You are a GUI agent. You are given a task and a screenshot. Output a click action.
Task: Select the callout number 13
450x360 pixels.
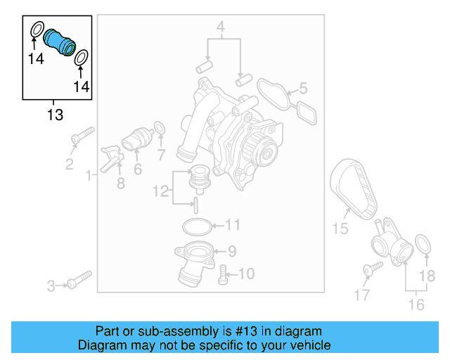coord(55,115)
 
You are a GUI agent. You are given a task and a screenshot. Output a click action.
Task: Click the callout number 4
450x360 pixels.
coord(220,29)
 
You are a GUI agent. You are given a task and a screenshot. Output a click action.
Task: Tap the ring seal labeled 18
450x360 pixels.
coord(424,244)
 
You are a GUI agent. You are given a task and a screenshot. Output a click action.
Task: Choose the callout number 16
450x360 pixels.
coord(416,304)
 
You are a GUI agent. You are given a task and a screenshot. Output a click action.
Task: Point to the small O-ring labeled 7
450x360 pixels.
coord(160,128)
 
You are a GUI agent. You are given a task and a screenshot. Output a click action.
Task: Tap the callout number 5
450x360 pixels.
coord(304,89)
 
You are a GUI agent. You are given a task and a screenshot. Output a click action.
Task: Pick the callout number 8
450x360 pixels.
coord(120,184)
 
